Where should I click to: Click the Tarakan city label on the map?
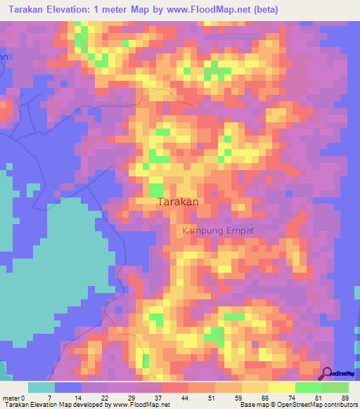[177, 202]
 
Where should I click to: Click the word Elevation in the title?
[76, 10]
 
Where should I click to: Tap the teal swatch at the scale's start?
[41, 387]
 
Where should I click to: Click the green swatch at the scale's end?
[335, 387]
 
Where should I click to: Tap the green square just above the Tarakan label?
[155, 190]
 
